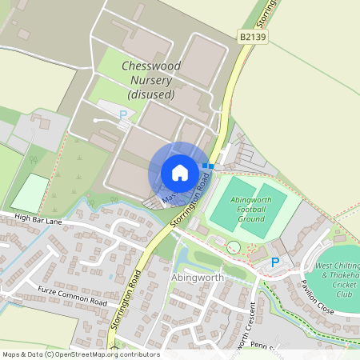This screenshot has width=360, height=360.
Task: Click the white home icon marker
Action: tap(179, 172)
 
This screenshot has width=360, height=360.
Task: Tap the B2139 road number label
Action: tap(252, 37)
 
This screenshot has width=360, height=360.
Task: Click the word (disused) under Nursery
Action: tap(150, 94)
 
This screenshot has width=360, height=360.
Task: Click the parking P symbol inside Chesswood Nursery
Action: tap(122, 115)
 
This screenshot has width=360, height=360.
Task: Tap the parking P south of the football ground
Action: tap(276, 262)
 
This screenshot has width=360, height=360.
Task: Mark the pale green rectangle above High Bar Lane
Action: tap(30, 193)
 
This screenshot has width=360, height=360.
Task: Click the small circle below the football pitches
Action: tap(233, 247)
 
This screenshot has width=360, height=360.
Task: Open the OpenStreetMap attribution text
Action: tap(80, 354)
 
